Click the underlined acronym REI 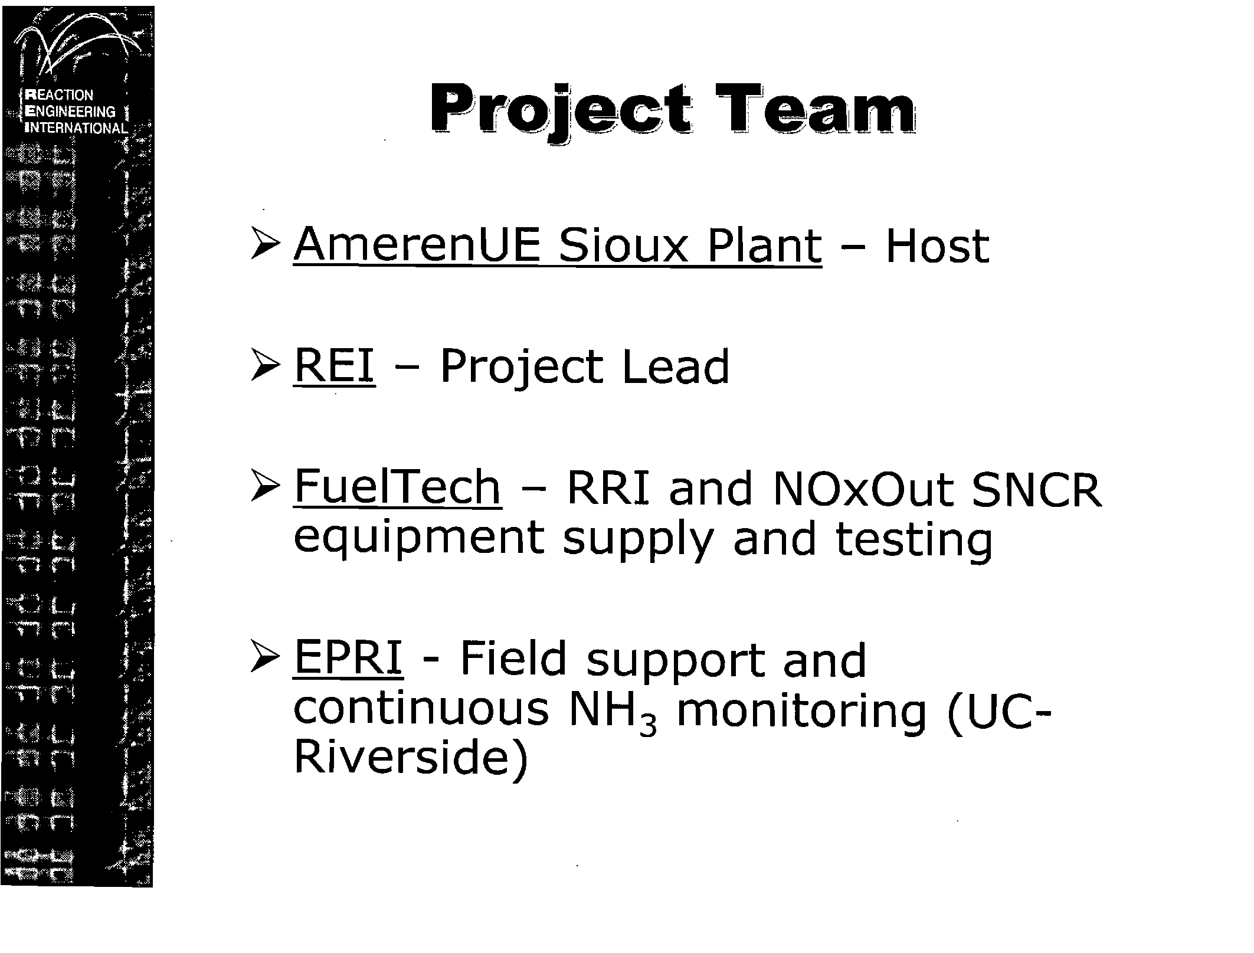[x=334, y=366]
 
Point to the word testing [x=914, y=541]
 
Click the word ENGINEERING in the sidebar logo [x=71, y=112]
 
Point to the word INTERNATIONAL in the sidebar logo [x=77, y=128]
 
